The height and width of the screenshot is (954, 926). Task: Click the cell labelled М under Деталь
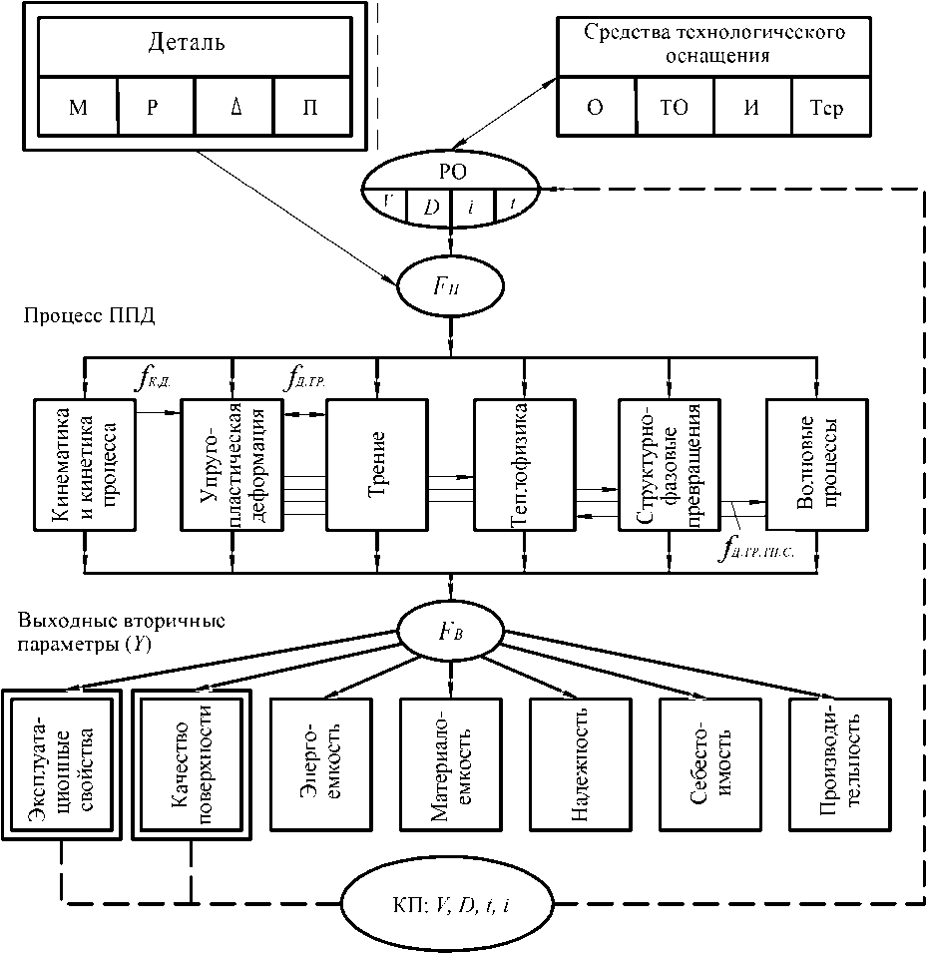tap(79, 108)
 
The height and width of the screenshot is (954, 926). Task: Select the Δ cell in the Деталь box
tap(234, 108)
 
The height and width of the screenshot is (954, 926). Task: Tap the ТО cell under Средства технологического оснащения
tap(675, 108)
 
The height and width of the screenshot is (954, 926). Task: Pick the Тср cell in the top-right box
tap(828, 108)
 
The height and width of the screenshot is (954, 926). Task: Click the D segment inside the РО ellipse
tap(431, 207)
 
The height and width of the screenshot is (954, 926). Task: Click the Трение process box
tap(376, 465)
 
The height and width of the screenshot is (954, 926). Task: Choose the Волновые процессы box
tap(817, 465)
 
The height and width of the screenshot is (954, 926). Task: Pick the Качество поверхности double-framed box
tap(191, 763)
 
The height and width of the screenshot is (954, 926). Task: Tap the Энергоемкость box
tap(320, 763)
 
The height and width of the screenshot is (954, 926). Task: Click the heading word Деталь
tap(187, 43)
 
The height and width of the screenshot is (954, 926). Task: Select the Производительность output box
tap(839, 763)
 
